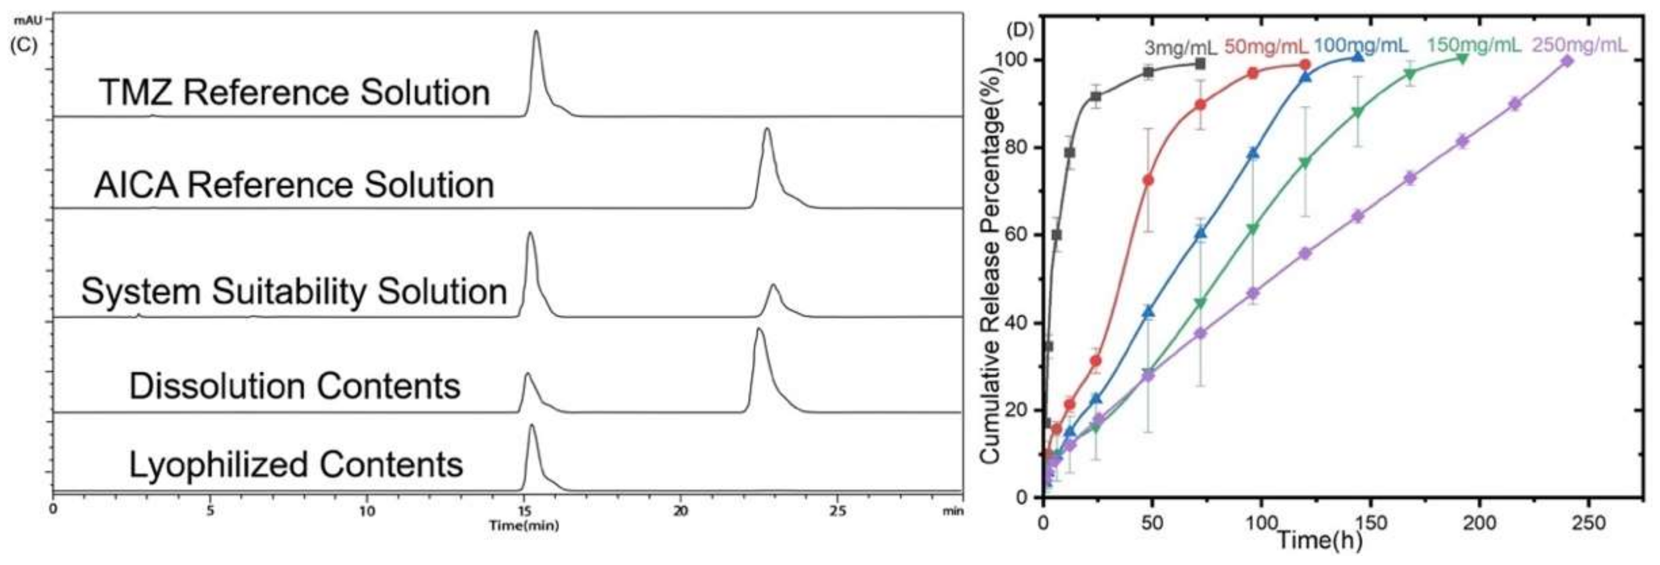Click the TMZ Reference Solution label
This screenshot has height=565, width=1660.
(x=295, y=92)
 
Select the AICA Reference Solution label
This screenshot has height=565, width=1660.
(x=295, y=185)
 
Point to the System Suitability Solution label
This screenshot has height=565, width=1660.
(x=295, y=291)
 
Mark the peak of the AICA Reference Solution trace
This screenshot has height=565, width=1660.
(x=766, y=130)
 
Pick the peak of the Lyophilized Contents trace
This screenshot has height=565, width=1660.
(x=532, y=426)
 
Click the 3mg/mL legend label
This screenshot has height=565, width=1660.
(x=1180, y=48)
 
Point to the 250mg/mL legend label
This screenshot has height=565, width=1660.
(x=1579, y=45)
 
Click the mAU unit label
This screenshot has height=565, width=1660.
(x=28, y=21)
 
